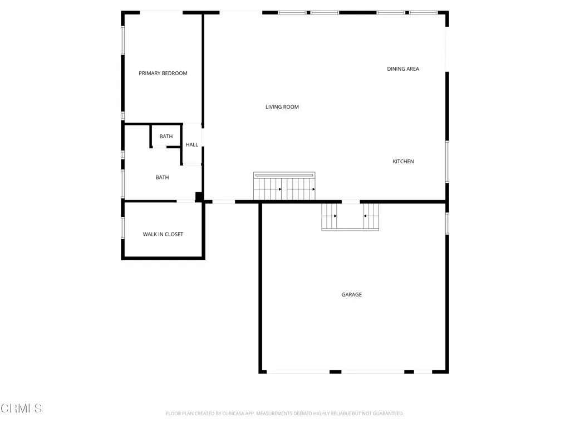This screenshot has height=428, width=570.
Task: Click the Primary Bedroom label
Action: coord(163,73)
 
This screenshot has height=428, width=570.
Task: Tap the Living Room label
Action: coord(282,107)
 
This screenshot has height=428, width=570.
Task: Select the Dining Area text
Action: coord(403,69)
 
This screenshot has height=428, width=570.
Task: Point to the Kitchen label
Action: coord(403,162)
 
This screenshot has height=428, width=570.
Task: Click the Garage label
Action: coord(352,295)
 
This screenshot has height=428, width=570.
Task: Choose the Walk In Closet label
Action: coord(163,235)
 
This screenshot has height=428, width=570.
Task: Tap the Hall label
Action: coord(192,145)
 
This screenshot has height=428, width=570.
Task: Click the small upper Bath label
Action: coord(166,137)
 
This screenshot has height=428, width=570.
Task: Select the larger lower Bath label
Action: coord(162,178)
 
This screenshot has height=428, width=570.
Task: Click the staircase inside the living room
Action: coord(284,187)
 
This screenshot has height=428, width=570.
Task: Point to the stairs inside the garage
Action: coord(350,216)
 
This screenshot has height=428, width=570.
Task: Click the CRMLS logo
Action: coord(21,408)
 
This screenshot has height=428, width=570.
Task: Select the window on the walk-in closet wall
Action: coord(123,228)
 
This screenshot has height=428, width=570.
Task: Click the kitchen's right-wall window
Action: coord(447,162)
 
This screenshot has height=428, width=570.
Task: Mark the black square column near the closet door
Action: coord(199,196)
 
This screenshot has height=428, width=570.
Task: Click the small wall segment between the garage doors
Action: coord(335,372)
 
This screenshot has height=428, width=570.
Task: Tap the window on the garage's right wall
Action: coord(447,223)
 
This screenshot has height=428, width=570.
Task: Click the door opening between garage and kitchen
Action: coord(351,201)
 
